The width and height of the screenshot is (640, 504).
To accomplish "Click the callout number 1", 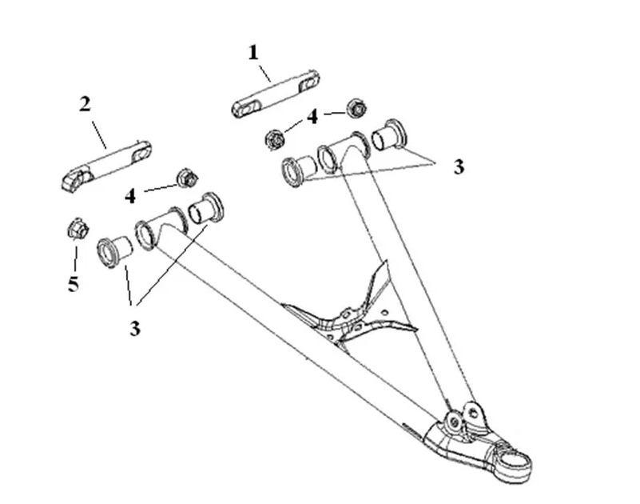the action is (x=253, y=53).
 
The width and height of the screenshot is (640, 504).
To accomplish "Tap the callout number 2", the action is (x=85, y=104).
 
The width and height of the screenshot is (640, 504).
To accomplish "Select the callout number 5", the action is (x=74, y=284).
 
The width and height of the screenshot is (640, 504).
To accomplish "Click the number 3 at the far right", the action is (x=459, y=167).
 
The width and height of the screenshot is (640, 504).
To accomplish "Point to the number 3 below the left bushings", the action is (x=135, y=328).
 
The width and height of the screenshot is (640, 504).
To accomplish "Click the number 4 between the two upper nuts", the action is (x=312, y=117).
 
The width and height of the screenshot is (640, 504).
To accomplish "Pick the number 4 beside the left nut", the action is (x=130, y=197).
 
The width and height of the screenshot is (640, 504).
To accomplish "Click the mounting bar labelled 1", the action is (x=276, y=94).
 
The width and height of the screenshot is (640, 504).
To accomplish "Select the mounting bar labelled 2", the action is (x=107, y=165).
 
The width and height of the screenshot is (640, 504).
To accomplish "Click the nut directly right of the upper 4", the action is (x=357, y=108).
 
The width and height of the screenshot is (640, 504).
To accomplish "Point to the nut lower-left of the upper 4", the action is (x=275, y=138).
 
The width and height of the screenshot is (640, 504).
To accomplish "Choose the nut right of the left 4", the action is (x=187, y=178).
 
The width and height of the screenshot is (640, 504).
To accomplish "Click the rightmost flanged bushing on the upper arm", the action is (x=389, y=134).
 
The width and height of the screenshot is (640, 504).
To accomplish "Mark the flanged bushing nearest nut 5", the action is (x=114, y=251).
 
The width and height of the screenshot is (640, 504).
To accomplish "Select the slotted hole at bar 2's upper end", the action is (x=141, y=154).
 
